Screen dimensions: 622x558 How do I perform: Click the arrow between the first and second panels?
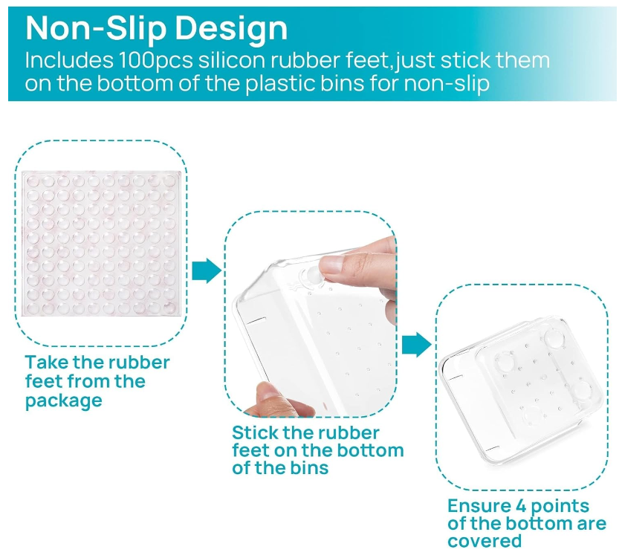[207, 271]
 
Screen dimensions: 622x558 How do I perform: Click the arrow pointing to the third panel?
[416, 345]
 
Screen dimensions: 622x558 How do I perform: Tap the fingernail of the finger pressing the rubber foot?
[331, 264]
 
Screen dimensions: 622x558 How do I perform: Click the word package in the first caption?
[63, 401]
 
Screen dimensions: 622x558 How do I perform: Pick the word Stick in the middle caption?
[255, 432]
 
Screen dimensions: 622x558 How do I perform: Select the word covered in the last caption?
[485, 542]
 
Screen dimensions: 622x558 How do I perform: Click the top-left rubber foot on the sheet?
[33, 181]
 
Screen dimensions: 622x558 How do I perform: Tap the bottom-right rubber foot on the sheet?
[169, 308]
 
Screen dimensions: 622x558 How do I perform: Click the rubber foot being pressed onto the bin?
[311, 274]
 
